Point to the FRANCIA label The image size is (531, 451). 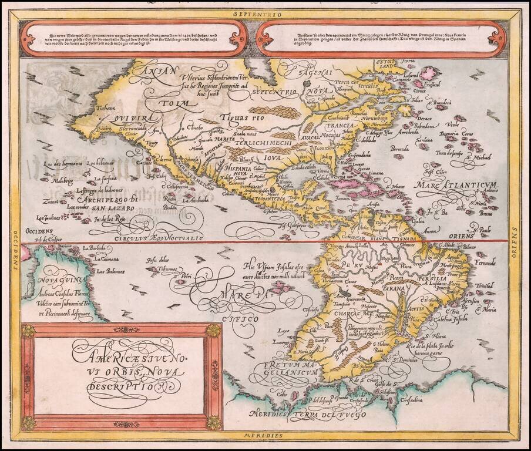(341, 126)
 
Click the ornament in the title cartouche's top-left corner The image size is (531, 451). (28, 331)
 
